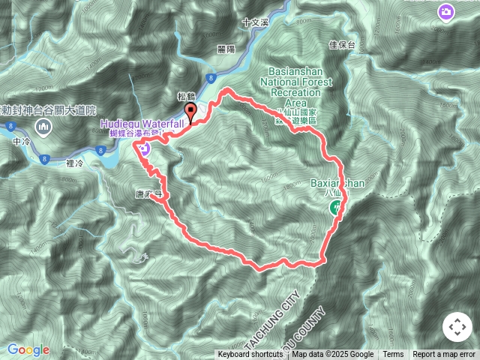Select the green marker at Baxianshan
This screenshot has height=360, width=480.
point(335,208)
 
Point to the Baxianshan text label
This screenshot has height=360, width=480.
point(337,182)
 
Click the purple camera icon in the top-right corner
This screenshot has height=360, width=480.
point(445,13)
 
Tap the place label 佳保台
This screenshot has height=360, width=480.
point(341,44)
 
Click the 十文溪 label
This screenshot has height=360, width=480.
point(255,23)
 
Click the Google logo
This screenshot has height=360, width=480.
point(28,349)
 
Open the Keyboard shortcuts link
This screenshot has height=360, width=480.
point(250,355)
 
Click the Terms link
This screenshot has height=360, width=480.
point(393,355)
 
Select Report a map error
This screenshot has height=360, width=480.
point(444,355)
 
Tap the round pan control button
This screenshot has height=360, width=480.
point(457,327)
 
